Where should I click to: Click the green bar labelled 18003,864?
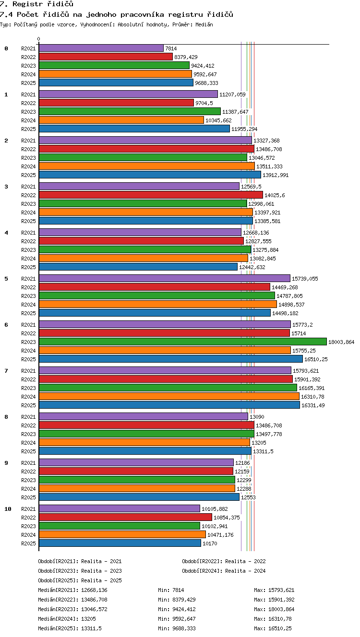pyautogui.click(x=183, y=342)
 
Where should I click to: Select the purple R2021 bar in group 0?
pyautogui.click(x=101, y=48)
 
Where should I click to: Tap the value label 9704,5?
pyautogui.click(x=204, y=103)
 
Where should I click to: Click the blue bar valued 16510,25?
pyautogui.click(x=171, y=359)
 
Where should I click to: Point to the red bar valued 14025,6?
pyautogui.click(x=151, y=195)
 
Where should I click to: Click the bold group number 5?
pyautogui.click(x=6, y=279)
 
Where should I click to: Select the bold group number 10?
pyautogui.click(x=8, y=509)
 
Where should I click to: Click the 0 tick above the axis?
pyautogui.click(x=39, y=39)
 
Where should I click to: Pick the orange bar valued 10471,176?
pyautogui.click(x=122, y=535)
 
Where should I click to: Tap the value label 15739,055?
pyautogui.click(x=305, y=279)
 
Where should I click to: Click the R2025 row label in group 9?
pyautogui.click(x=28, y=497)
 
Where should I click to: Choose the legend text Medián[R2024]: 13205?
pyautogui.click(x=67, y=619)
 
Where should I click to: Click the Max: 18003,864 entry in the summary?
pyautogui.click(x=274, y=609)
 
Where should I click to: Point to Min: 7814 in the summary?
pyautogui.click(x=171, y=590)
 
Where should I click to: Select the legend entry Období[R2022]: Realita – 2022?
pyautogui.click(x=224, y=561)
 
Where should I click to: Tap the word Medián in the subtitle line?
pyautogui.click(x=204, y=24)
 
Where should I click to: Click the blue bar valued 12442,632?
pyautogui.click(x=138, y=267)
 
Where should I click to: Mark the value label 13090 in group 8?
pyautogui.click(x=257, y=417)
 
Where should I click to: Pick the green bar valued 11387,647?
pyautogui.click(x=130, y=111)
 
